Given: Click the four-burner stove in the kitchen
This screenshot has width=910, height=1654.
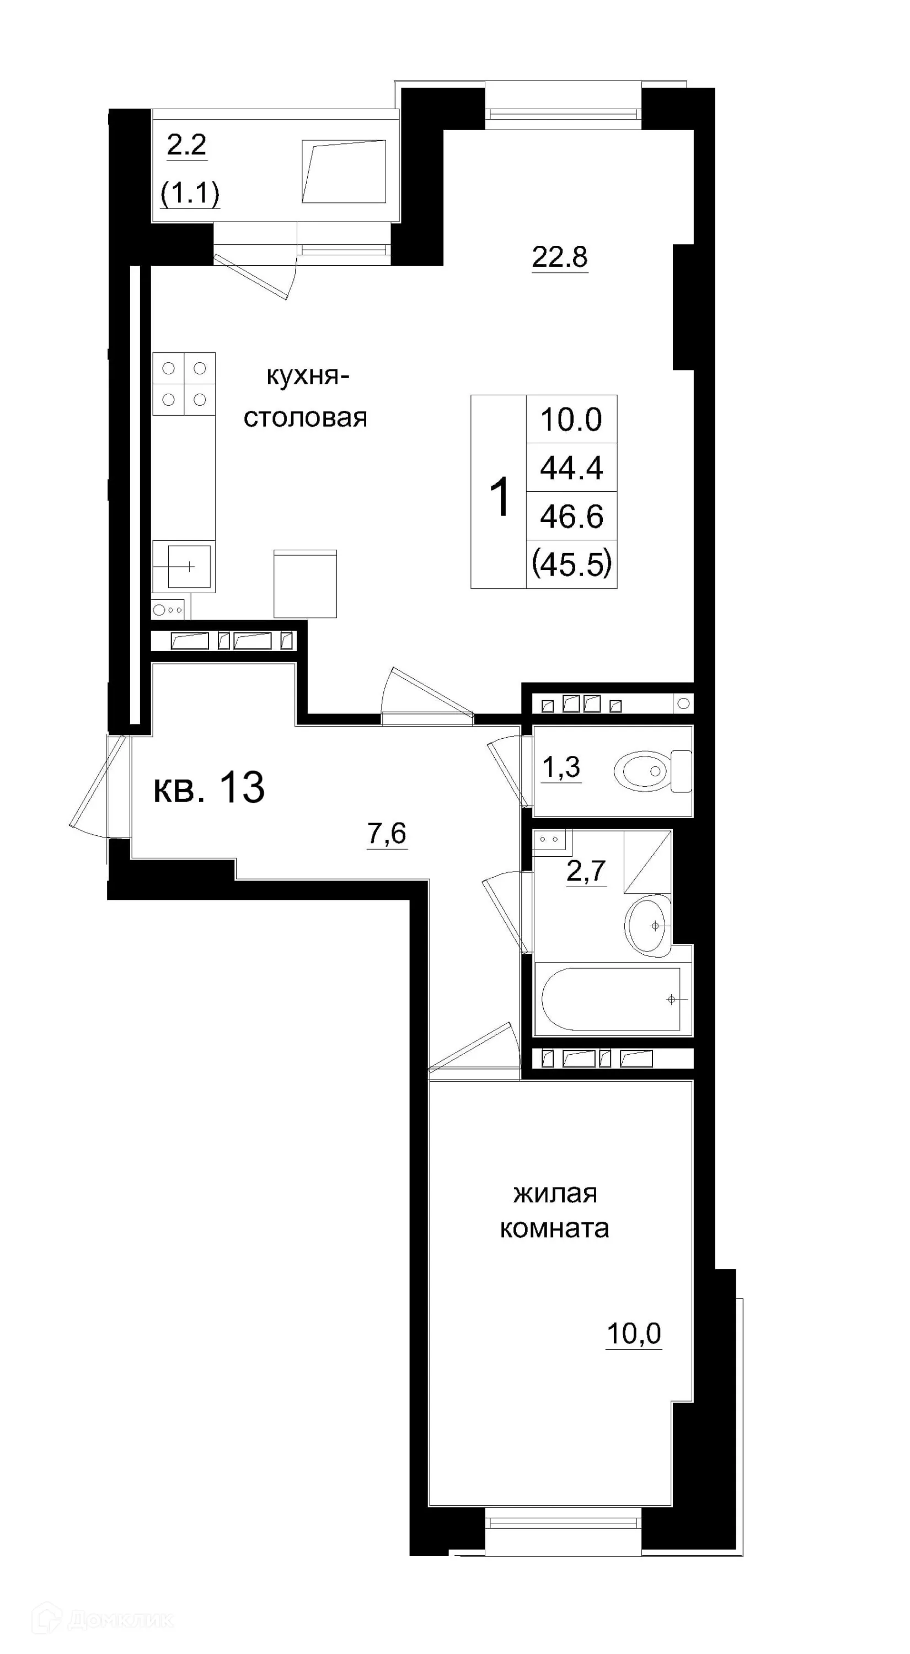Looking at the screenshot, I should click(x=184, y=384).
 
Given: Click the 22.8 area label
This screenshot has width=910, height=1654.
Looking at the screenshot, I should click(x=559, y=257).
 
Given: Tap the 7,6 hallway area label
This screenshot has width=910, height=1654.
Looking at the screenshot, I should click(x=387, y=834).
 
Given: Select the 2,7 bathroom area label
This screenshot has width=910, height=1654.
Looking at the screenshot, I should click(x=586, y=871).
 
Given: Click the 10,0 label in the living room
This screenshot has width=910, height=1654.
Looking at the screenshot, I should click(x=633, y=1334).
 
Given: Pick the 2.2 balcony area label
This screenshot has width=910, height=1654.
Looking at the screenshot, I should click(x=186, y=145).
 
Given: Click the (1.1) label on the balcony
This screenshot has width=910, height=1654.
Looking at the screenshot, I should click(x=190, y=192).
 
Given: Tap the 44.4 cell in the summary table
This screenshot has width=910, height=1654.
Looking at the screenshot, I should click(x=571, y=468).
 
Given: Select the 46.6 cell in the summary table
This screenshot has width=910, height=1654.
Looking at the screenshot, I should click(x=571, y=516).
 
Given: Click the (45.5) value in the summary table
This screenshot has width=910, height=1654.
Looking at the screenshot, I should click(x=571, y=565).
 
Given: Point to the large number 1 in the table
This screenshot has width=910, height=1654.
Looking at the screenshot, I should click(x=500, y=497).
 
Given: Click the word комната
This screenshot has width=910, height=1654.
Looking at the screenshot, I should click(x=554, y=1228).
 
